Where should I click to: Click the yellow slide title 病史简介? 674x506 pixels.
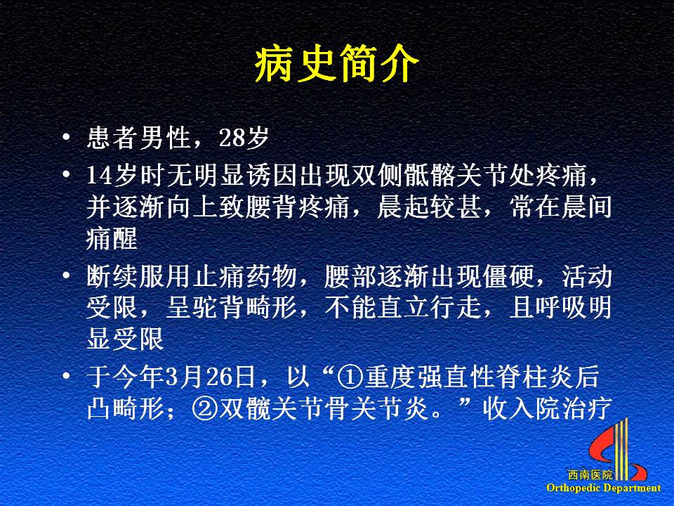(x=336, y=64)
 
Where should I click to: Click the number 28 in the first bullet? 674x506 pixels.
(x=232, y=138)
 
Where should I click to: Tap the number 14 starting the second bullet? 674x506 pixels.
(x=100, y=176)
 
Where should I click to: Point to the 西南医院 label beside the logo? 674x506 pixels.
(x=590, y=475)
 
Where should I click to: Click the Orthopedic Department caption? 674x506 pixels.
(x=604, y=488)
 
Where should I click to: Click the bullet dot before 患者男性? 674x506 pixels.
(x=66, y=137)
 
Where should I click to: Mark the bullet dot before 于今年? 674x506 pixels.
(x=66, y=376)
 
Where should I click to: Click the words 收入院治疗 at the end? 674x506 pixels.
(x=547, y=408)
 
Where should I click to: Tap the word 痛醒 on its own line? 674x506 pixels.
(x=112, y=238)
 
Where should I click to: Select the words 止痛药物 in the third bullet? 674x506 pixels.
(x=244, y=276)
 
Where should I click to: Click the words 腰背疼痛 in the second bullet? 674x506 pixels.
(x=296, y=207)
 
